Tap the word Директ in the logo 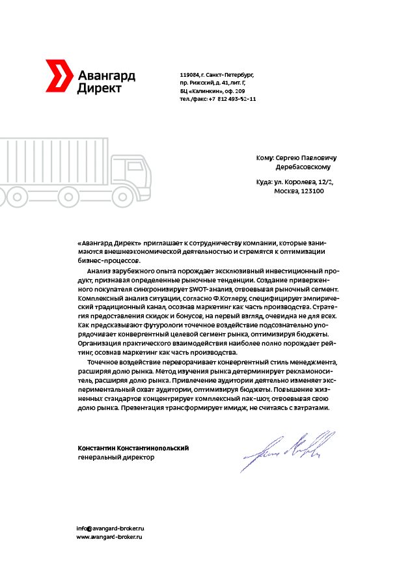[x=98, y=88]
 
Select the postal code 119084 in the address [x=189, y=76]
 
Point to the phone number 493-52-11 [x=240, y=99]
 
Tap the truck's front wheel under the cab [x=120, y=195]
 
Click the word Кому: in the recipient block [x=265, y=158]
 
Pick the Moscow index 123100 [x=311, y=191]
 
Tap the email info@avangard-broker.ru [x=110, y=528]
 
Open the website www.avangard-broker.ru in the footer [x=110, y=537]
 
